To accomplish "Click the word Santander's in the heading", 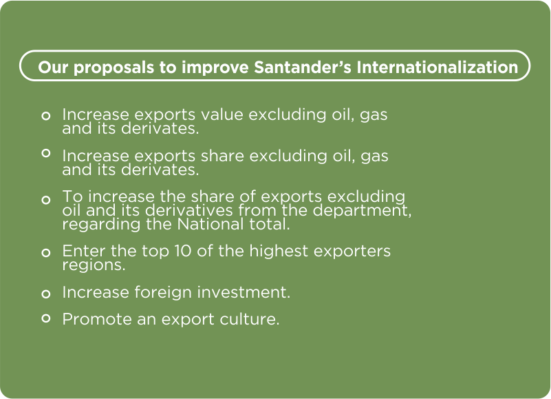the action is tap(303, 67).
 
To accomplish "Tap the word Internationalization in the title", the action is tap(437, 67).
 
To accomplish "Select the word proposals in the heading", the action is tap(114, 68).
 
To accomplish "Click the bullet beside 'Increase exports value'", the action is tap(45, 116).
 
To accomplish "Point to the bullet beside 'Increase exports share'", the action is tap(45, 153).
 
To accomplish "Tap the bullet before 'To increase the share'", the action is tap(45, 200).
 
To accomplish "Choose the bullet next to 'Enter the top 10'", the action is tap(45, 252).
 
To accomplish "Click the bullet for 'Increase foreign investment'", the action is tap(45, 294).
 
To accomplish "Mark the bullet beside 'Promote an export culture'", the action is tap(45, 318).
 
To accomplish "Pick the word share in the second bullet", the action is tap(222, 156).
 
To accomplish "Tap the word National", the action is tap(210, 224).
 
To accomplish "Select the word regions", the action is tap(94, 265).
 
